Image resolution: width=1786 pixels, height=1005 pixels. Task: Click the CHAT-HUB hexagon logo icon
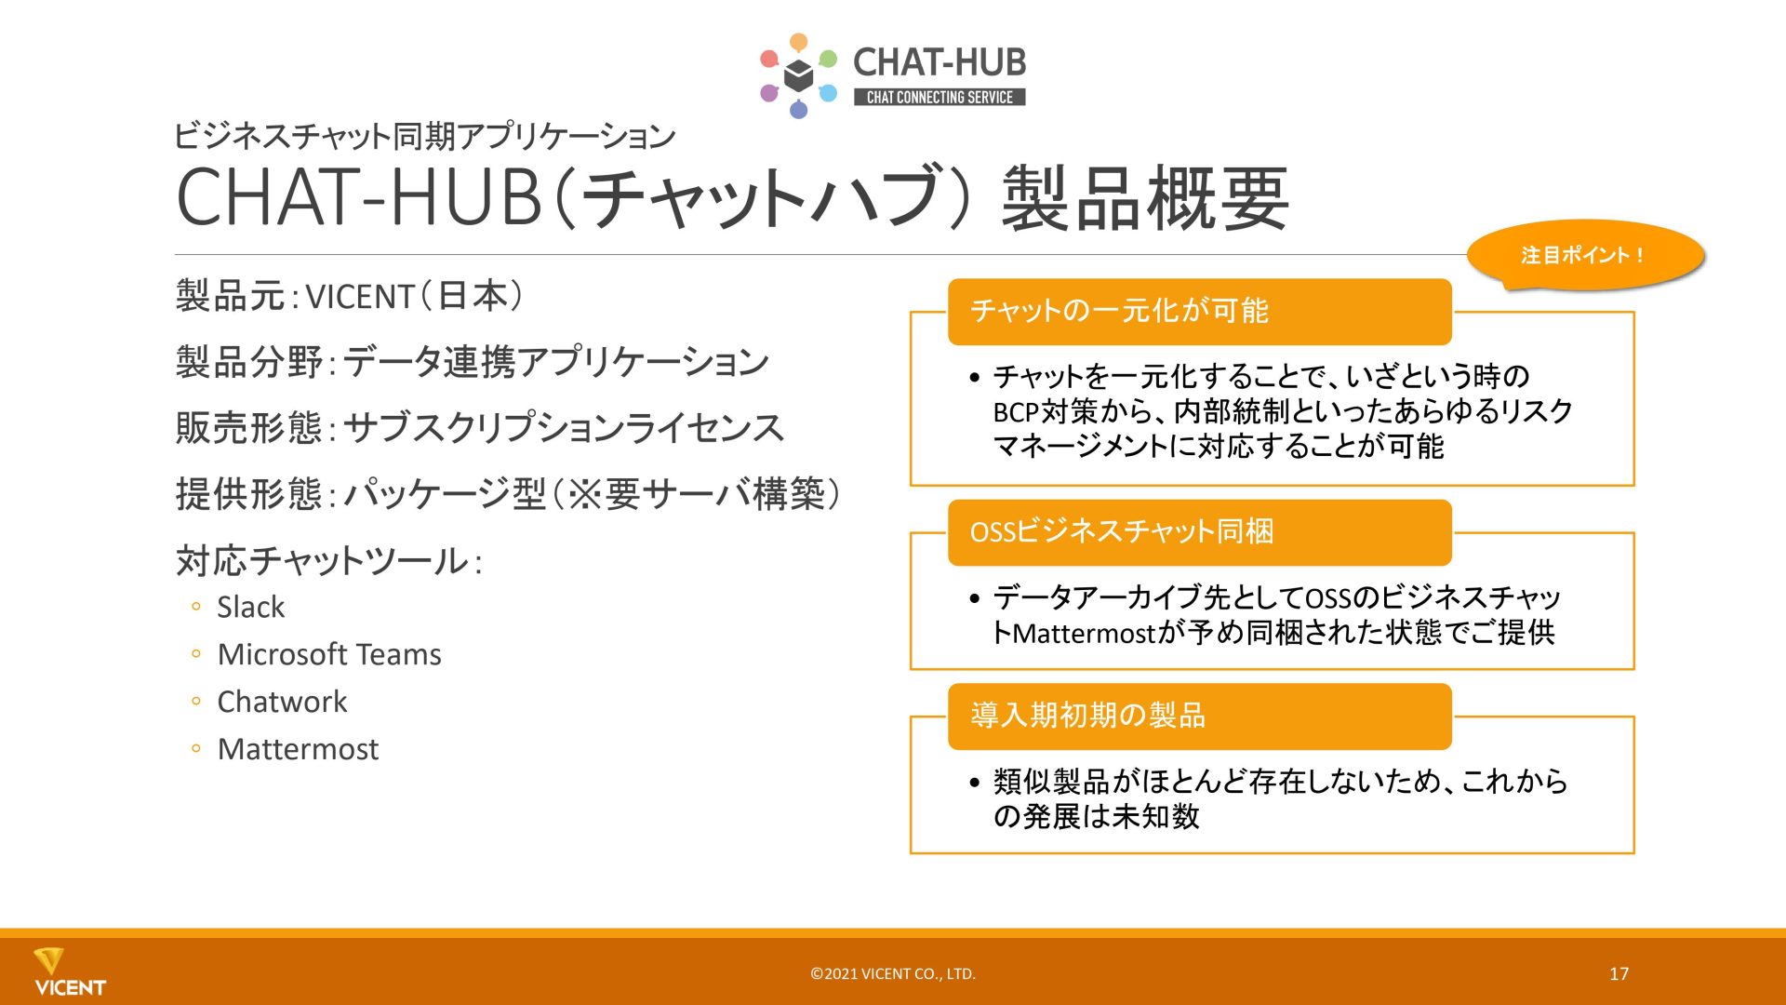[798, 75]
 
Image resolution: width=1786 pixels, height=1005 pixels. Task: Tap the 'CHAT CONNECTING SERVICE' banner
[940, 97]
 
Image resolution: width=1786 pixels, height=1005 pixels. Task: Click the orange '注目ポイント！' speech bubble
[1585, 255]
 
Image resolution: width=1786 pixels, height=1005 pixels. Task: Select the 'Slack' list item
[250, 607]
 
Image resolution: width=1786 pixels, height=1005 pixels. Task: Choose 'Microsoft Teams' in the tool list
[329, 654]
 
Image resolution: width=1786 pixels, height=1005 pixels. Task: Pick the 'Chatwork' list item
[282, 702]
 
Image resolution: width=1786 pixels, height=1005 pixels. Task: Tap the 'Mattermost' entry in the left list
[298, 749]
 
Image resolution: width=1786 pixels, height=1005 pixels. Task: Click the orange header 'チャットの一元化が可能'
[1199, 311]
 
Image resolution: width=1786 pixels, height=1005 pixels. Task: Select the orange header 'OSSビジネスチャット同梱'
[1199, 532]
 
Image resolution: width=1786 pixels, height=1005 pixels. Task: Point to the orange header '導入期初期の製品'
[1199, 716]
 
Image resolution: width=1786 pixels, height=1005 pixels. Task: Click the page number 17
[1619, 973]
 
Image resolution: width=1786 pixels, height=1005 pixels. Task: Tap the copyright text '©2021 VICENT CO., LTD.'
[893, 974]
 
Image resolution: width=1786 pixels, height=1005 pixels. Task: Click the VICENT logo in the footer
[70, 972]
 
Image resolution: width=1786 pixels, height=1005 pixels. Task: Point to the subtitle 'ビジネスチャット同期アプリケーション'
[425, 137]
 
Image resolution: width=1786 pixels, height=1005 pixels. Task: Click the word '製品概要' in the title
[1145, 197]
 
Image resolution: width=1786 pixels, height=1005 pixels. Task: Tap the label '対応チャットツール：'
[329, 561]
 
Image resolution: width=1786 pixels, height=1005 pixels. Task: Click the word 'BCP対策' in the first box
[1045, 411]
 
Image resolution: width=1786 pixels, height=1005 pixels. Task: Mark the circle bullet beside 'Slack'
[195, 607]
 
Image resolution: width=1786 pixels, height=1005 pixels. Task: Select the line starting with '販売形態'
[480, 428]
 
